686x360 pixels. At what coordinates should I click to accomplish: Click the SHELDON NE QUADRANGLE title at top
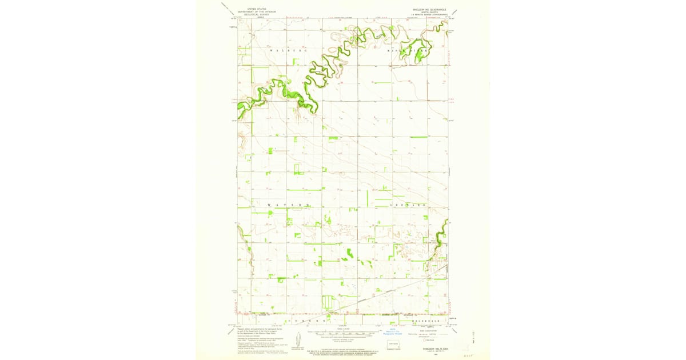tap(426, 10)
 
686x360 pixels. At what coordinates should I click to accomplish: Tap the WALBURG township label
tap(288, 51)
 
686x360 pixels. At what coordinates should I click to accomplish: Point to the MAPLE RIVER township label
tap(408, 51)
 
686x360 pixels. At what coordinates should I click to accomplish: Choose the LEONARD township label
tap(408, 205)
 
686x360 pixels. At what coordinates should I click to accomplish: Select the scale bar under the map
tap(343, 332)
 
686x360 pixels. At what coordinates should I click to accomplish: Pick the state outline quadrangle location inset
tap(392, 345)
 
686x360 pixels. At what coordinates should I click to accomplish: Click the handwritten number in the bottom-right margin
tap(471, 354)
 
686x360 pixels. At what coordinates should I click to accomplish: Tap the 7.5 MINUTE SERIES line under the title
tap(426, 15)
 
